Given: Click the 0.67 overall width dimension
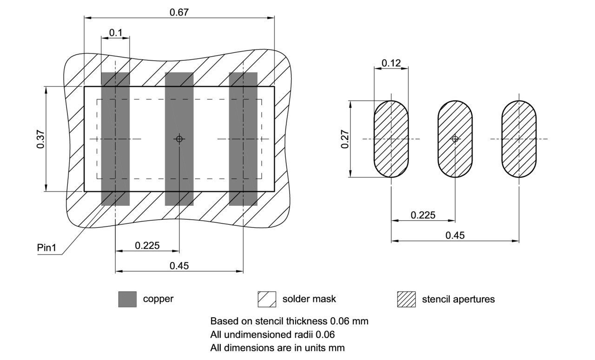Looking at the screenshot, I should [179, 12].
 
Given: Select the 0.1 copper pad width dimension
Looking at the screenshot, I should [115, 33].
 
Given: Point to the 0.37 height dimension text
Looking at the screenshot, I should [40, 139].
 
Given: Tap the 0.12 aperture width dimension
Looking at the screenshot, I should [391, 63].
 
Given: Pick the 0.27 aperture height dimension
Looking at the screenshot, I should [345, 139].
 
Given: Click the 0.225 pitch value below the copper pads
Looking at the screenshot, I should [147, 245].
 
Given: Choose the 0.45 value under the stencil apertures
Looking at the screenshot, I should [455, 235].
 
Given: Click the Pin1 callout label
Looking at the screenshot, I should [46, 248].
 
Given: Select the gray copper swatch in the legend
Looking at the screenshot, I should [127, 299].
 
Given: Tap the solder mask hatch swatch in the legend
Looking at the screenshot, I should [267, 299].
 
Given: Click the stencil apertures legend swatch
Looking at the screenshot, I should [406, 299].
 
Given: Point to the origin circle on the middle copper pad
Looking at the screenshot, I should [179, 139].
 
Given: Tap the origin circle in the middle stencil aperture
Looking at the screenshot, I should [455, 139].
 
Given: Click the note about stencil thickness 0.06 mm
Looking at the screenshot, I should [289, 321].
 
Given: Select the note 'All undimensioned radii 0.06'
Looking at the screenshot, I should [272, 334].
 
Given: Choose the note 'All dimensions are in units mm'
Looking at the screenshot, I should [278, 347].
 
